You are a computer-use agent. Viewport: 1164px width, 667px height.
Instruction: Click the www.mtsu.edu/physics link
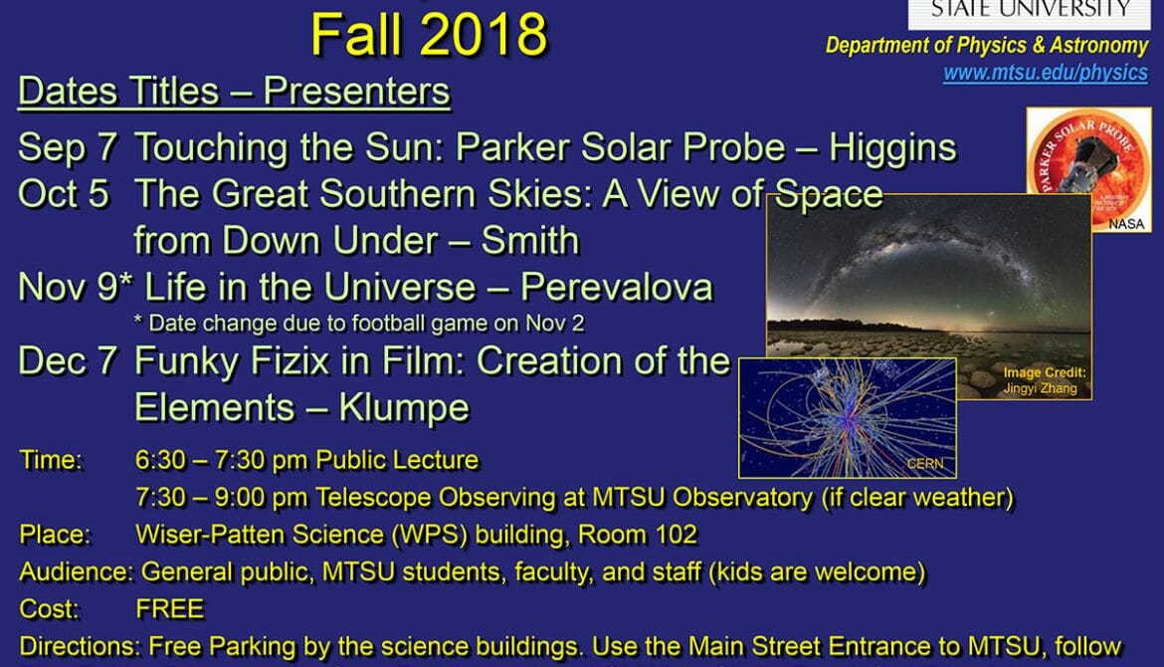click(1046, 73)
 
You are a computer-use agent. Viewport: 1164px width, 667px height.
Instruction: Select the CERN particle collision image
click(847, 417)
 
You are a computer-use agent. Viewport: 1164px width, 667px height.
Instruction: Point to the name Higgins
click(893, 147)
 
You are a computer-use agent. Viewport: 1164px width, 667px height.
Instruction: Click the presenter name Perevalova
click(617, 288)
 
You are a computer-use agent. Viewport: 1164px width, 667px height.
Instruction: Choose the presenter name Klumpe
click(405, 408)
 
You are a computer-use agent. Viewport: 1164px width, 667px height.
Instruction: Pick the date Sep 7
click(68, 147)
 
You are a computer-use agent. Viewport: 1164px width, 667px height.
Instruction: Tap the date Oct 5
click(64, 194)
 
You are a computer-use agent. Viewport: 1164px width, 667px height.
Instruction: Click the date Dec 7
click(68, 361)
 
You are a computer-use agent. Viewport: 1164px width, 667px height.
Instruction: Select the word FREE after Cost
click(170, 609)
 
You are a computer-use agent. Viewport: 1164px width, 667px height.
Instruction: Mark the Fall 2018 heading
click(429, 34)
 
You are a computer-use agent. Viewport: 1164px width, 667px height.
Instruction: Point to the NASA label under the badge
click(1126, 224)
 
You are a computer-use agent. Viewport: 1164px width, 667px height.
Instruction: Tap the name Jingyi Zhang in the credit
click(1040, 387)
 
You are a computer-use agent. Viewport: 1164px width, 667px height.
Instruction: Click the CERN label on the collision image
click(925, 464)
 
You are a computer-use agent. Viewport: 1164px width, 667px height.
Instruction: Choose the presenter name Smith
click(530, 241)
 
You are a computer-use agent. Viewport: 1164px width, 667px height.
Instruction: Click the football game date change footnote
click(359, 324)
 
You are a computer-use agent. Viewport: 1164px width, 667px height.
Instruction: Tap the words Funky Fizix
click(232, 361)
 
